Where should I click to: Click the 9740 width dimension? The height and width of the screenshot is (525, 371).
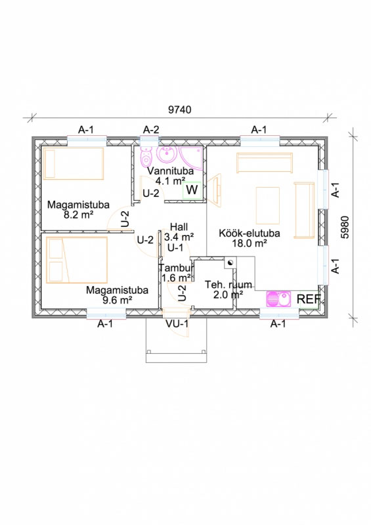click(180, 110)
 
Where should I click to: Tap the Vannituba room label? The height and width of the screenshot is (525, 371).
click(170, 171)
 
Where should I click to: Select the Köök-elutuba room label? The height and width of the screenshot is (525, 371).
click(250, 233)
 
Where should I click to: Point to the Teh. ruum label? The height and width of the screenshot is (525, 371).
click(229, 285)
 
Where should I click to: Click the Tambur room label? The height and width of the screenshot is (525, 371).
click(176, 268)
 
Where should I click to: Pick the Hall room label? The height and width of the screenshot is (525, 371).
click(179, 226)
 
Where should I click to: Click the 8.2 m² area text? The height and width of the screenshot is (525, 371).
click(78, 215)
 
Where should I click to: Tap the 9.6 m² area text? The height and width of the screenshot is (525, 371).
click(117, 300)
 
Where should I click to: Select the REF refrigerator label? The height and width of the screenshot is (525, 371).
click(309, 299)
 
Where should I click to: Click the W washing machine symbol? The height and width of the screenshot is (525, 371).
click(192, 190)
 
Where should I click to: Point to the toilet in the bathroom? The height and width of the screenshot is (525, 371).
click(146, 157)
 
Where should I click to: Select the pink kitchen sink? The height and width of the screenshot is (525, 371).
click(278, 299)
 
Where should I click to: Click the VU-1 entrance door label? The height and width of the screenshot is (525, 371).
click(177, 324)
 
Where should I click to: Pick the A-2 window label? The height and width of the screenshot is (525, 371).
click(151, 129)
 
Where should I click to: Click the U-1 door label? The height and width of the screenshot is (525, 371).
click(175, 248)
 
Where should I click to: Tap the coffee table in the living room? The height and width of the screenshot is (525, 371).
click(267, 205)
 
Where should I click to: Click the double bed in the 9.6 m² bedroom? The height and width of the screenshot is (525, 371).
click(77, 260)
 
